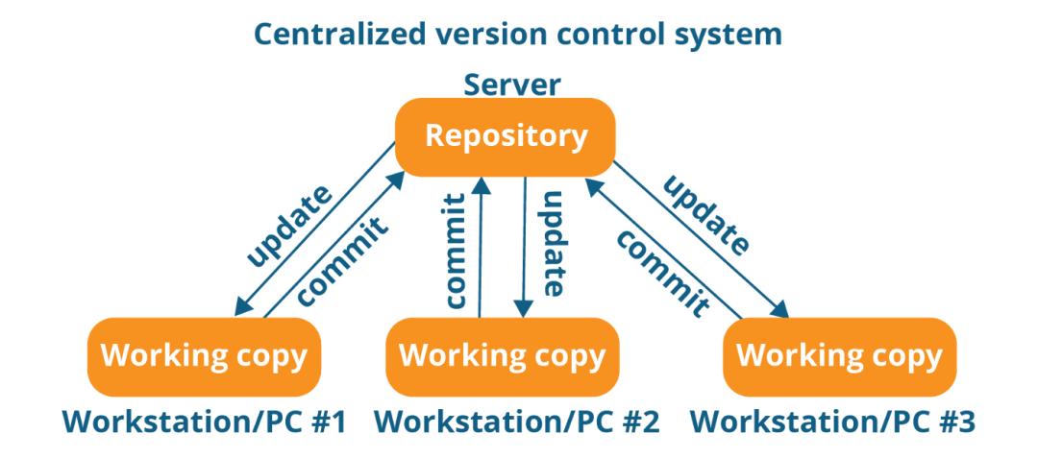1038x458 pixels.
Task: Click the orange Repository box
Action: pos(506,136)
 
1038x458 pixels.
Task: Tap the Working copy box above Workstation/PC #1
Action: pos(204,356)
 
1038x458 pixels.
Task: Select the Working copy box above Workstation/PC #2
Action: pos(502,356)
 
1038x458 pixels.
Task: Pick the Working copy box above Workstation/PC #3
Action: pos(838,356)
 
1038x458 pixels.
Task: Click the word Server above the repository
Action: pos(511,84)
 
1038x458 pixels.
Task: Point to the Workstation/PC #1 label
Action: pos(204,420)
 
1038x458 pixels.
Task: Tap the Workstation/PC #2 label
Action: pos(515,420)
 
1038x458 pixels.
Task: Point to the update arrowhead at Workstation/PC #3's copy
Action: pos(781,310)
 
